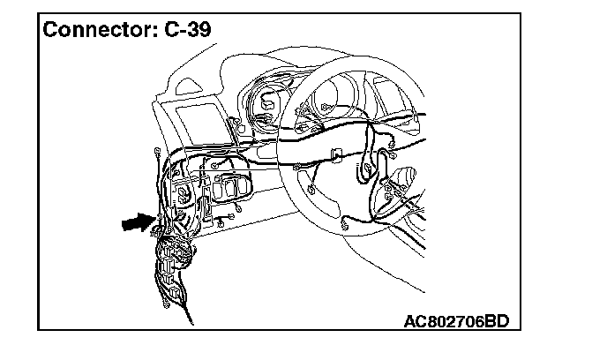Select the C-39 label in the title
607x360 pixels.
click(x=189, y=30)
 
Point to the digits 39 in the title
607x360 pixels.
click(x=199, y=30)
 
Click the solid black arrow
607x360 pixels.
click(x=138, y=223)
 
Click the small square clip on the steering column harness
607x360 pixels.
click(x=336, y=156)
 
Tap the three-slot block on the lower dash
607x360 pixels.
click(x=232, y=188)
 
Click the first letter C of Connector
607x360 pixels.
click(x=51, y=30)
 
